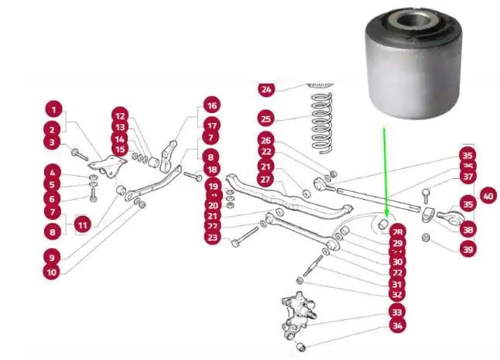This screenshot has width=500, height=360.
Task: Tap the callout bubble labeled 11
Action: click(x=83, y=225)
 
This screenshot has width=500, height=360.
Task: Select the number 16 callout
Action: click(x=212, y=105)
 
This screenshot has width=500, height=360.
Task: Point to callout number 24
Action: click(x=266, y=89)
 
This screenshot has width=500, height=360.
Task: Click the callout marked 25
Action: click(x=266, y=119)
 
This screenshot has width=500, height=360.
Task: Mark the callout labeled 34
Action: click(x=397, y=327)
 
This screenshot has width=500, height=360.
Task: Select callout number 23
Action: click(x=213, y=238)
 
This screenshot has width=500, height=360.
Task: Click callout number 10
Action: click(x=50, y=272)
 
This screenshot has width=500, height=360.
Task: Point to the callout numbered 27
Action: click(x=265, y=180)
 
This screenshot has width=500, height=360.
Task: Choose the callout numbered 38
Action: click(x=467, y=229)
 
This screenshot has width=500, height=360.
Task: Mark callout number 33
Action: click(x=397, y=312)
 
